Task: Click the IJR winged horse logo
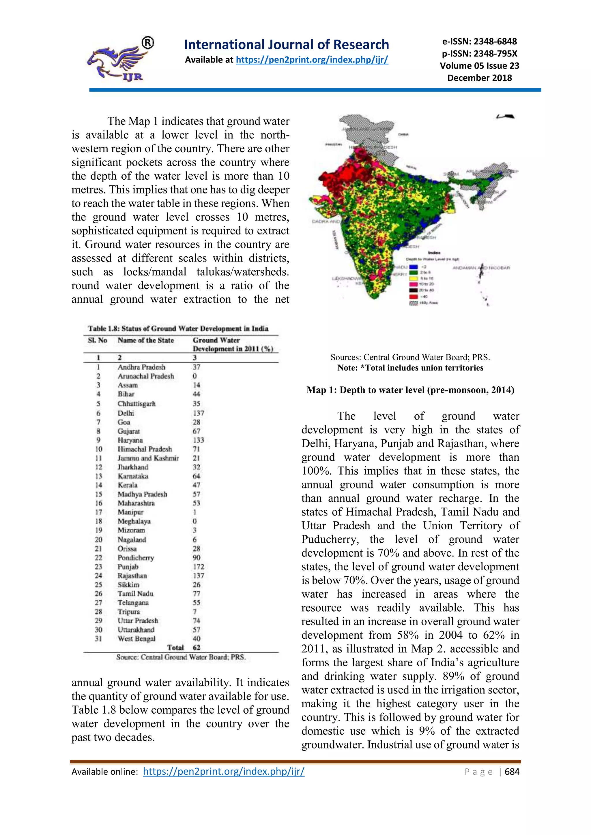[x=118, y=60]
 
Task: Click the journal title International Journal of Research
[x=286, y=44]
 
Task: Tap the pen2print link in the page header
[x=312, y=60]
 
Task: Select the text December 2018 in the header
[x=479, y=78]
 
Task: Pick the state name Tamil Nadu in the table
[x=135, y=593]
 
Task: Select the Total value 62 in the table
[x=197, y=648]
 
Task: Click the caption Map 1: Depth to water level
[x=410, y=390]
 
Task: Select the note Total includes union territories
[x=410, y=368]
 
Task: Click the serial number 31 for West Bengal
[x=98, y=639]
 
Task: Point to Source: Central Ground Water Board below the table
[x=181, y=657]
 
